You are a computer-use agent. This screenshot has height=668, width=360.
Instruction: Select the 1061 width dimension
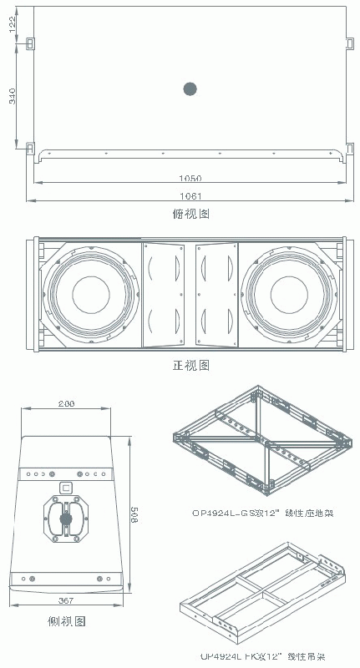point(190,195)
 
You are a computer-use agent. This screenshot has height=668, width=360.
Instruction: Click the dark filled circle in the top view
point(190,89)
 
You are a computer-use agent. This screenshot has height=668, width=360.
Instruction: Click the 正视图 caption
point(190,365)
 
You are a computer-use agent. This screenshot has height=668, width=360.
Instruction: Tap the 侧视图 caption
point(66,621)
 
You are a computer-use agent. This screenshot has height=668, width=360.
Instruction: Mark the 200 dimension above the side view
point(66,403)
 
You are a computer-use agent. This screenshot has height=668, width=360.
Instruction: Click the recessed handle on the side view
point(66,519)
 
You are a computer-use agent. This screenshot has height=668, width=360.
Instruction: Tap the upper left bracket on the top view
point(29,43)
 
